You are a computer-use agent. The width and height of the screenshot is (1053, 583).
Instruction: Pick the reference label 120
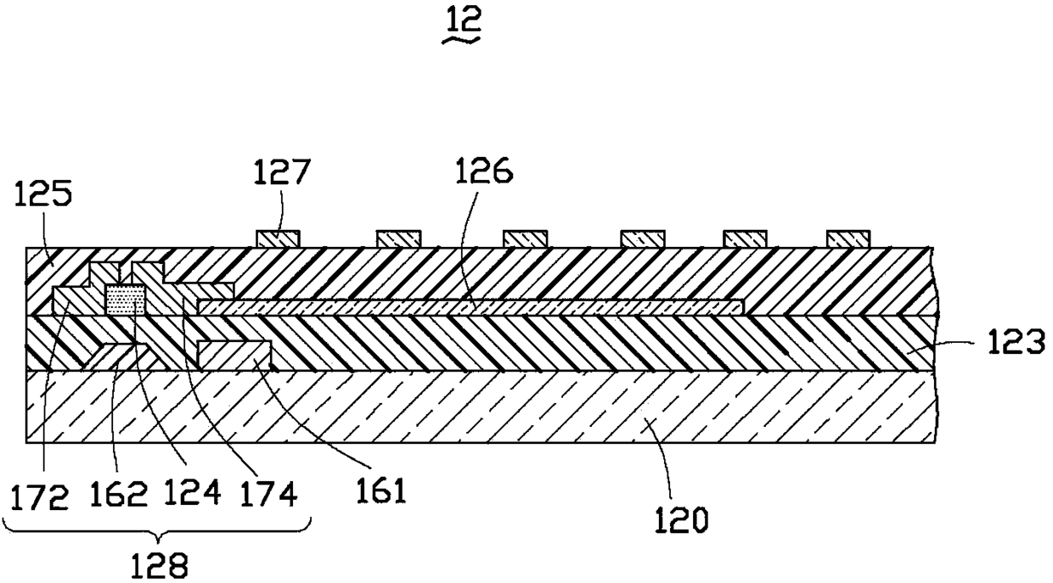pyautogui.click(x=681, y=518)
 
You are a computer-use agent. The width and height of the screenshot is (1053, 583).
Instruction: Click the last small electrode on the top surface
pyautogui.click(x=847, y=238)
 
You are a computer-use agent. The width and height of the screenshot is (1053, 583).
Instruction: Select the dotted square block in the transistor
pyautogui.click(x=124, y=300)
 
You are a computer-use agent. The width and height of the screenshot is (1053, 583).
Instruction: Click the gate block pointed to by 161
pyautogui.click(x=234, y=355)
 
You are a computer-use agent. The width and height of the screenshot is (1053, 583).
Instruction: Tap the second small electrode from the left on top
pyautogui.click(x=399, y=238)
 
